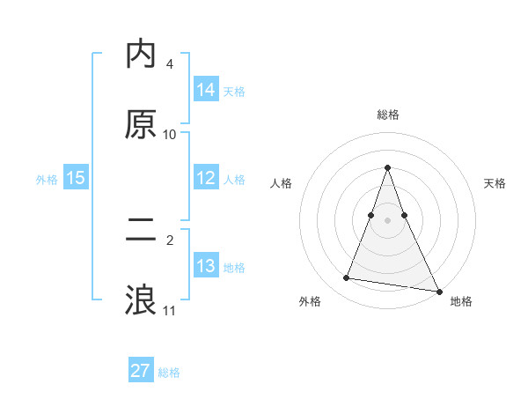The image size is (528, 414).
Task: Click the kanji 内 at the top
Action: pos(141,55)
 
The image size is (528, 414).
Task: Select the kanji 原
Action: pos(141,124)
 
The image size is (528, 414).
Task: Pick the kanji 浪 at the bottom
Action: pos(141,299)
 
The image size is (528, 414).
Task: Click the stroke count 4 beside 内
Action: pos(170,64)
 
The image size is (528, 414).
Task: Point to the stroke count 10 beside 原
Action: pos(170,135)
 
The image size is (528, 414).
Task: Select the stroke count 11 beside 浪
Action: pos(170,310)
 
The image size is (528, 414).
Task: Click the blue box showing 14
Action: pos(206,90)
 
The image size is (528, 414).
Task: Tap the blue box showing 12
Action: pos(206,178)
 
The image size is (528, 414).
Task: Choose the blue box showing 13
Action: pos(206,266)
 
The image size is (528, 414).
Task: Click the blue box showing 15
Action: pos(76,178)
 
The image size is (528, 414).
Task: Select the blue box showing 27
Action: pos(141,371)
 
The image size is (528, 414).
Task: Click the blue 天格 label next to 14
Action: pos(234,91)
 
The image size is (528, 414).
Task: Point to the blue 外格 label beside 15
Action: pos(47,179)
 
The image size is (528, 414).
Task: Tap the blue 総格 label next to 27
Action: pos(169,372)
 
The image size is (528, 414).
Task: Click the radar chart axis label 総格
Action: pos(388,115)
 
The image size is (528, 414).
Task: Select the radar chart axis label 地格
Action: pos(461,301)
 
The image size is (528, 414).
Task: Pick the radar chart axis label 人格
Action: pos(282,183)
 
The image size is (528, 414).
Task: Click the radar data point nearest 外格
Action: pos(346,278)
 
